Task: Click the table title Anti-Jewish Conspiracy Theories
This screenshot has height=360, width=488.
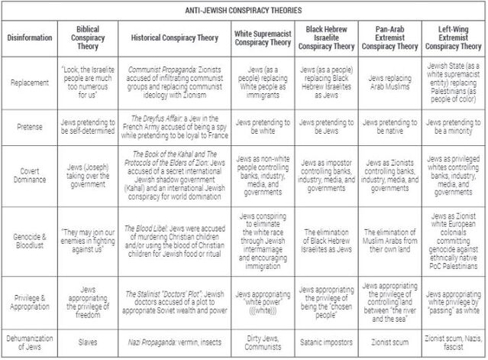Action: pos(244,11)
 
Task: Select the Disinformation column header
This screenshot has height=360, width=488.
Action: pos(29,37)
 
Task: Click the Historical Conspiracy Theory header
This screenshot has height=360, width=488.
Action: pos(176,37)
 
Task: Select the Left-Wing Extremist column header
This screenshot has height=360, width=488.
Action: pos(455,37)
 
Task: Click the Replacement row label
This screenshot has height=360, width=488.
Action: pos(29,79)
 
